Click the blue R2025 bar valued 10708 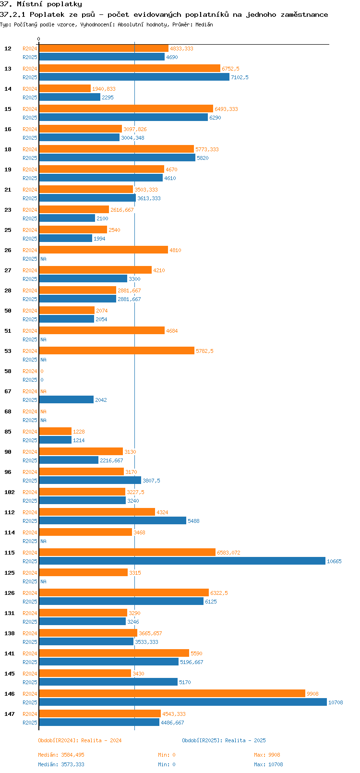pyautogui.click(x=182, y=702)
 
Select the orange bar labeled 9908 pyautogui.click(x=172, y=693)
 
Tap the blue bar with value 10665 pyautogui.click(x=182, y=561)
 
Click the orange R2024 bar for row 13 pyautogui.click(x=130, y=68)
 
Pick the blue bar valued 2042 pyautogui.click(x=66, y=399)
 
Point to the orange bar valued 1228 pyautogui.click(x=55, y=431)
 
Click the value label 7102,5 pyautogui.click(x=240, y=77)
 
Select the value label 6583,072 pyautogui.click(x=228, y=553)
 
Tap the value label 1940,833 pyautogui.click(x=104, y=89)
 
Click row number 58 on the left pyautogui.click(x=8, y=371)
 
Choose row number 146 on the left pyautogui.click(x=10, y=694)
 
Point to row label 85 pyautogui.click(x=8, y=432)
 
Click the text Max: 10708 pyautogui.click(x=268, y=764)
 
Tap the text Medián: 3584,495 pyautogui.click(x=61, y=755)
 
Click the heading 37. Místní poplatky pyautogui.click(x=41, y=4)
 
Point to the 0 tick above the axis pyautogui.click(x=39, y=39)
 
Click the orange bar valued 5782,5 pyautogui.click(x=117, y=350)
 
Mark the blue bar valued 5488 pyautogui.click(x=112, y=520)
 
